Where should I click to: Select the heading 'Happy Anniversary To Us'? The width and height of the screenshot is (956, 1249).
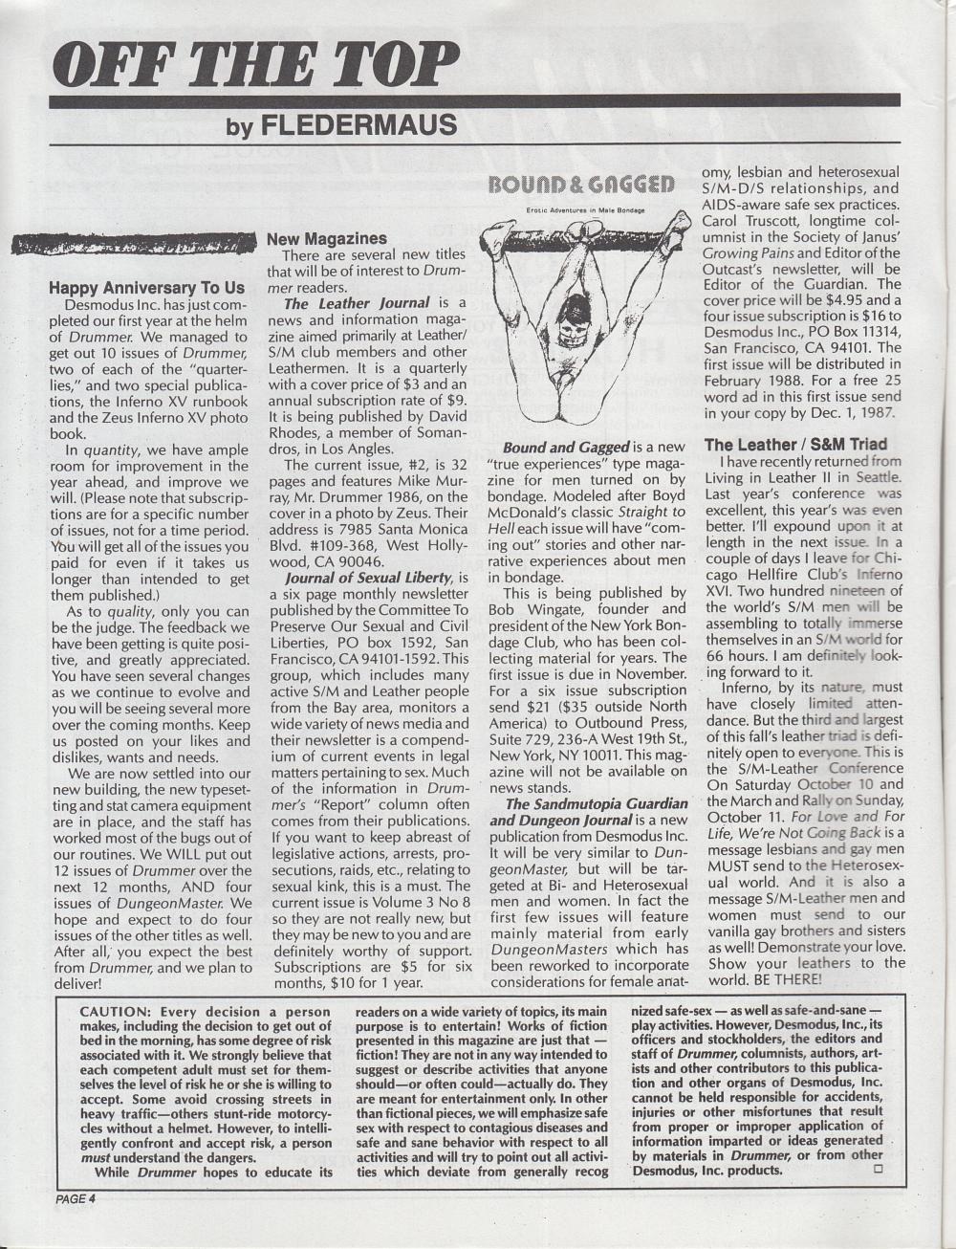click(x=146, y=287)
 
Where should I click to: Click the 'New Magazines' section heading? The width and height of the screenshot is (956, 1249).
click(x=326, y=238)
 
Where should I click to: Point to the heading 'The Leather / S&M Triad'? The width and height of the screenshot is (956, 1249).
click(x=795, y=444)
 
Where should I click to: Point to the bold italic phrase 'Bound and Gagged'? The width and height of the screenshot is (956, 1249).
click(x=565, y=447)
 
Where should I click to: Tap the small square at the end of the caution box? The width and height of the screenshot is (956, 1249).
click(x=877, y=1169)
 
